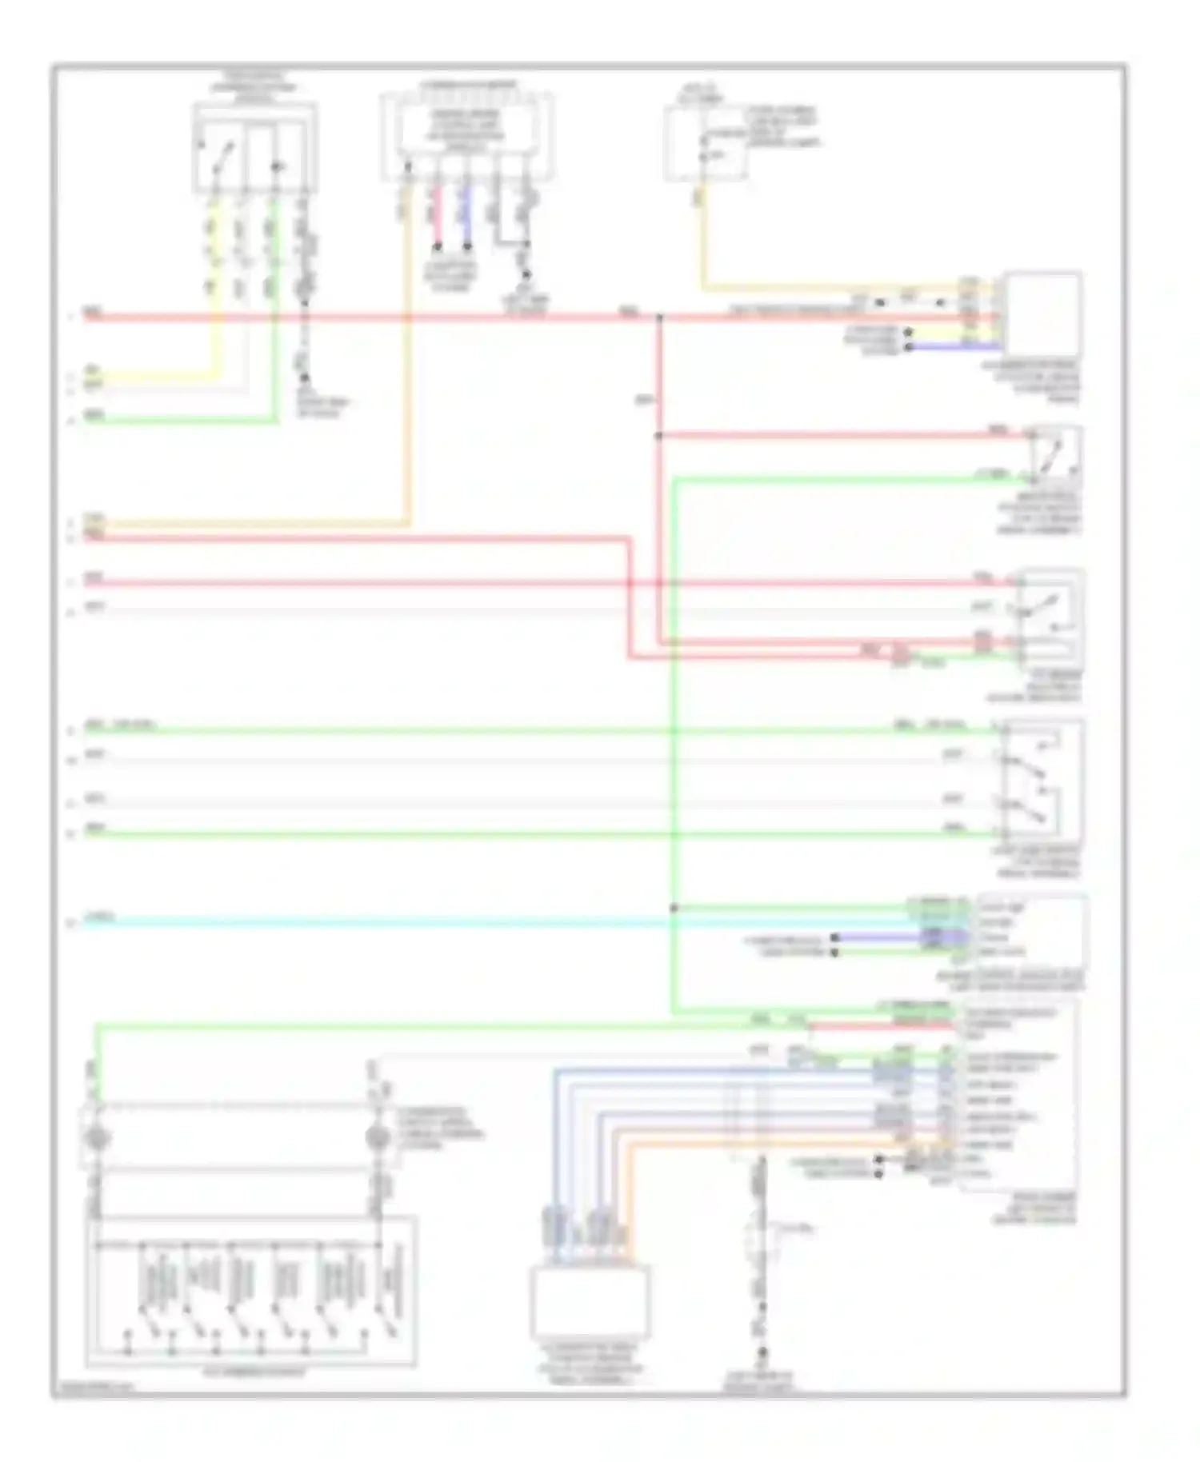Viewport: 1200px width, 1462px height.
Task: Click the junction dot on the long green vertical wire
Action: click(x=674, y=908)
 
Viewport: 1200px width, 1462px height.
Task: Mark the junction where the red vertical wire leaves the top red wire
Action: click(x=659, y=318)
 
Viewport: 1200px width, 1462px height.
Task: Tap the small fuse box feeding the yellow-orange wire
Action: click(x=705, y=144)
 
